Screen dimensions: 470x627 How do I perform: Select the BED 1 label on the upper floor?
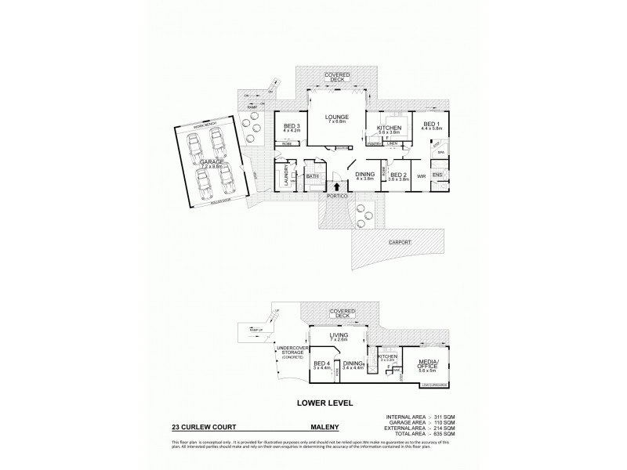432,124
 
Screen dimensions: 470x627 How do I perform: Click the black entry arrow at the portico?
338,186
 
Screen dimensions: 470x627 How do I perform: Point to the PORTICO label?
338,196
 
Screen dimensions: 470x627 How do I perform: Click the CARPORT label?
399,243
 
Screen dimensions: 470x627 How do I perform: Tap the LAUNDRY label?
285,172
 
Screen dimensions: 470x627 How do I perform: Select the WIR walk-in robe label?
421,176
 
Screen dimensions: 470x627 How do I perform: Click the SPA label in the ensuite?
440,152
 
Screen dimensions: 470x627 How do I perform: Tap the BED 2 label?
399,175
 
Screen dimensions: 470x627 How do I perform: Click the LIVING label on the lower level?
338,337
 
